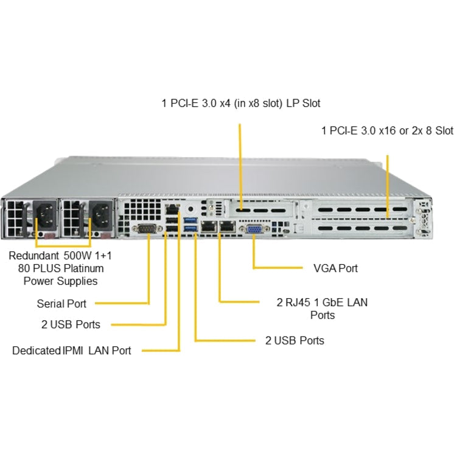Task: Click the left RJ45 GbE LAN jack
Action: (x=209, y=227)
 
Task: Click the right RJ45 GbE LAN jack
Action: (x=227, y=227)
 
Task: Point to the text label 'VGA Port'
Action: (x=335, y=268)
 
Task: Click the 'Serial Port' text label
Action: (x=61, y=303)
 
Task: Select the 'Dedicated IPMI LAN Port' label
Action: (x=71, y=351)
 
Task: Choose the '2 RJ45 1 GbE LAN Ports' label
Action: (x=322, y=308)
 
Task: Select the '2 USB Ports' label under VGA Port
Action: (x=295, y=340)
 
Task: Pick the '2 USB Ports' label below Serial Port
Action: (x=71, y=324)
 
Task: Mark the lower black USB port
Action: (x=172, y=230)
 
